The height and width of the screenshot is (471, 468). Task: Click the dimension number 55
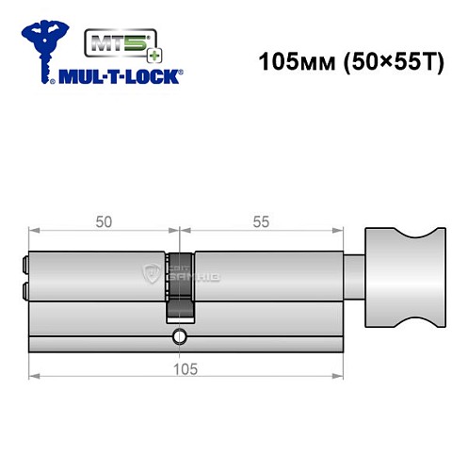click(x=261, y=221)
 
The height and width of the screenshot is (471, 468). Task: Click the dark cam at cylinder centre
click(x=181, y=283)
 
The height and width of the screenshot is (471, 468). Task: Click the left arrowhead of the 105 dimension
click(x=34, y=379)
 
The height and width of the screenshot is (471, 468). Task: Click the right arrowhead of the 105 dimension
click(x=339, y=379)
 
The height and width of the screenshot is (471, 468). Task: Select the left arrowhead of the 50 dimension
click(x=34, y=231)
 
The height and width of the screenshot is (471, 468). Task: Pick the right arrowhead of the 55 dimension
click(x=339, y=231)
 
